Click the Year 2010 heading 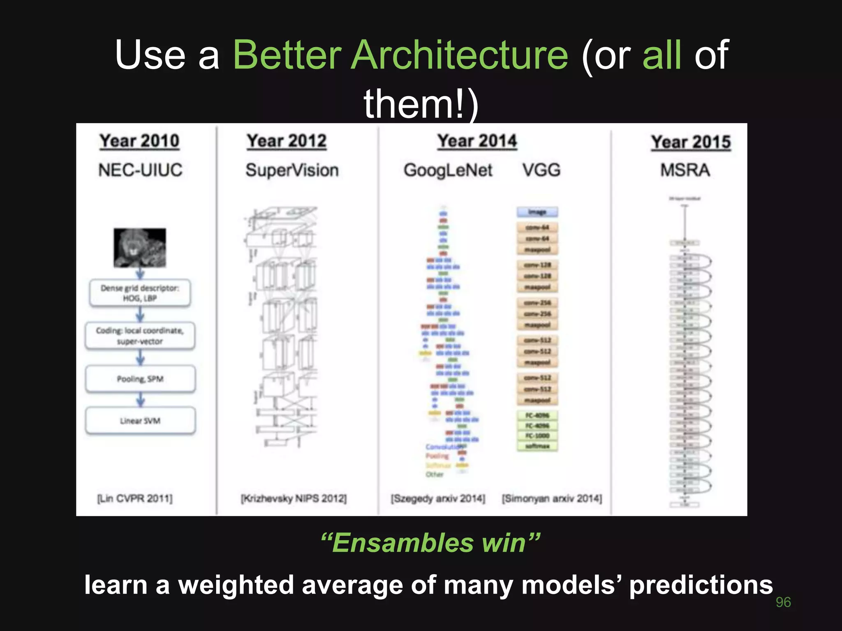click(139, 141)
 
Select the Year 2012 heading click(287, 141)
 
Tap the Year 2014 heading click(477, 141)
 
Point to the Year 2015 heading click(691, 142)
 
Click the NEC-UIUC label click(140, 170)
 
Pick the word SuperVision click(292, 170)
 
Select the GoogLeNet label click(448, 170)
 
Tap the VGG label click(541, 170)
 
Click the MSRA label click(685, 170)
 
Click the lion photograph click(140, 248)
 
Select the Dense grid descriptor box click(140, 293)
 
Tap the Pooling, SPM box click(140, 379)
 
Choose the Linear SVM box click(140, 421)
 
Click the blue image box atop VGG click(537, 212)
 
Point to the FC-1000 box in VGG click(537, 435)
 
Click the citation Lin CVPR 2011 click(135, 498)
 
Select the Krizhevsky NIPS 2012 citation click(294, 498)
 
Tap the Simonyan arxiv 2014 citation click(552, 498)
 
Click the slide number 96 click(783, 602)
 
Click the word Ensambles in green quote click(403, 543)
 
